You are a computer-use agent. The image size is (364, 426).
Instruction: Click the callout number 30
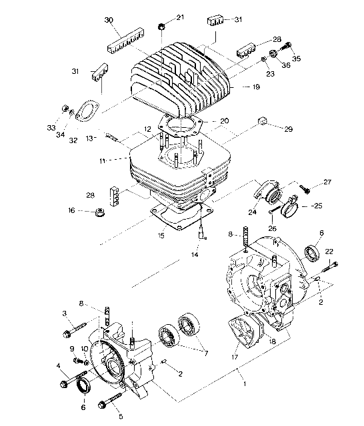click(109, 21)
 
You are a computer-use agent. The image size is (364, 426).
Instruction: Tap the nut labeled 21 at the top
click(161, 26)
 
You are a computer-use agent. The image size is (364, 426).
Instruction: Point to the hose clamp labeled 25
click(291, 208)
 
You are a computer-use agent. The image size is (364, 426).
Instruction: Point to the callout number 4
click(60, 366)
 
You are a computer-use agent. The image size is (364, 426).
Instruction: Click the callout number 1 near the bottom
click(244, 385)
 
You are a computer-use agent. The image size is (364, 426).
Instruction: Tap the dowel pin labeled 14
click(202, 232)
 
